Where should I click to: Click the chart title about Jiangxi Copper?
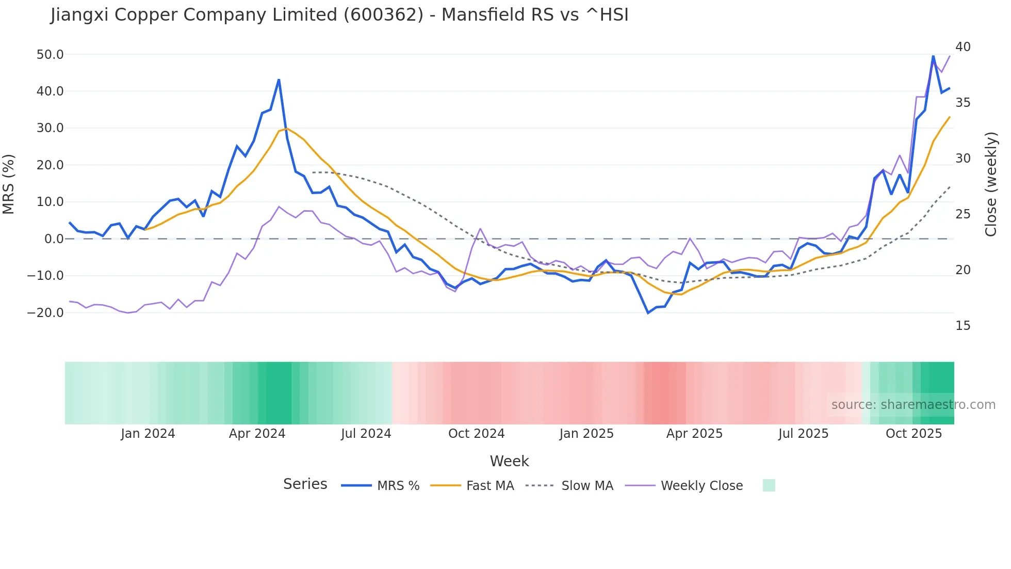pos(339,15)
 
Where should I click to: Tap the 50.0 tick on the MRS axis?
pos(50,55)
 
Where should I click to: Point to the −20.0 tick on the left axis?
pos(45,313)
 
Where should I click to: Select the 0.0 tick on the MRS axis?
pos(54,239)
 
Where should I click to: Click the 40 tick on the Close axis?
pos(963,47)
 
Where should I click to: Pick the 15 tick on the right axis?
pos(963,326)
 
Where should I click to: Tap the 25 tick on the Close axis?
pos(963,214)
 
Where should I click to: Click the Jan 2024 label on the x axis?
pos(148,434)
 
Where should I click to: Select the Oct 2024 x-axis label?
pos(476,434)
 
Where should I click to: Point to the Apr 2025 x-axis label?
pos(694,434)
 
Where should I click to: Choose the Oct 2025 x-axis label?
pos(914,434)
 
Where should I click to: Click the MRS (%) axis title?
pos(9,184)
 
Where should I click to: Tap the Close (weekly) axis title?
pos(990,184)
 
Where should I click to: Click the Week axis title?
pos(509,461)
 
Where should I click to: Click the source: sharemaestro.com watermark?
pos(913,405)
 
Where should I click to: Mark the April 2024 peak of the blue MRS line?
pos(279,80)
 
